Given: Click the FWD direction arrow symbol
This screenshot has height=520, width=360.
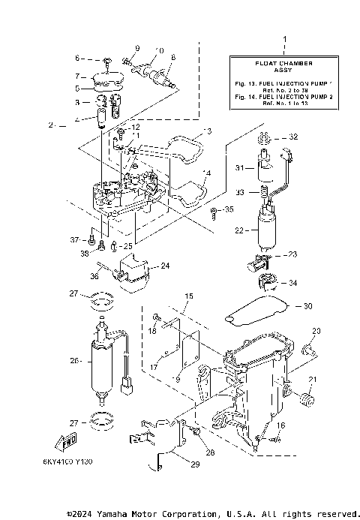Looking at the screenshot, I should [x=67, y=440].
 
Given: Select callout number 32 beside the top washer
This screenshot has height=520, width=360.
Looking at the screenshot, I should [x=293, y=137].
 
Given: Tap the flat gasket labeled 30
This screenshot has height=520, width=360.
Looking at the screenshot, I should [x=259, y=308].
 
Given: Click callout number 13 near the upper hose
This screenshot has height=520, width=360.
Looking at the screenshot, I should [x=208, y=131].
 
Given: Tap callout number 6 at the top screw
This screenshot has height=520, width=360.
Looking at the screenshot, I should [x=78, y=58].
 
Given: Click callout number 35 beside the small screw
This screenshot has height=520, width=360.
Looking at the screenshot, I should [x=229, y=211].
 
